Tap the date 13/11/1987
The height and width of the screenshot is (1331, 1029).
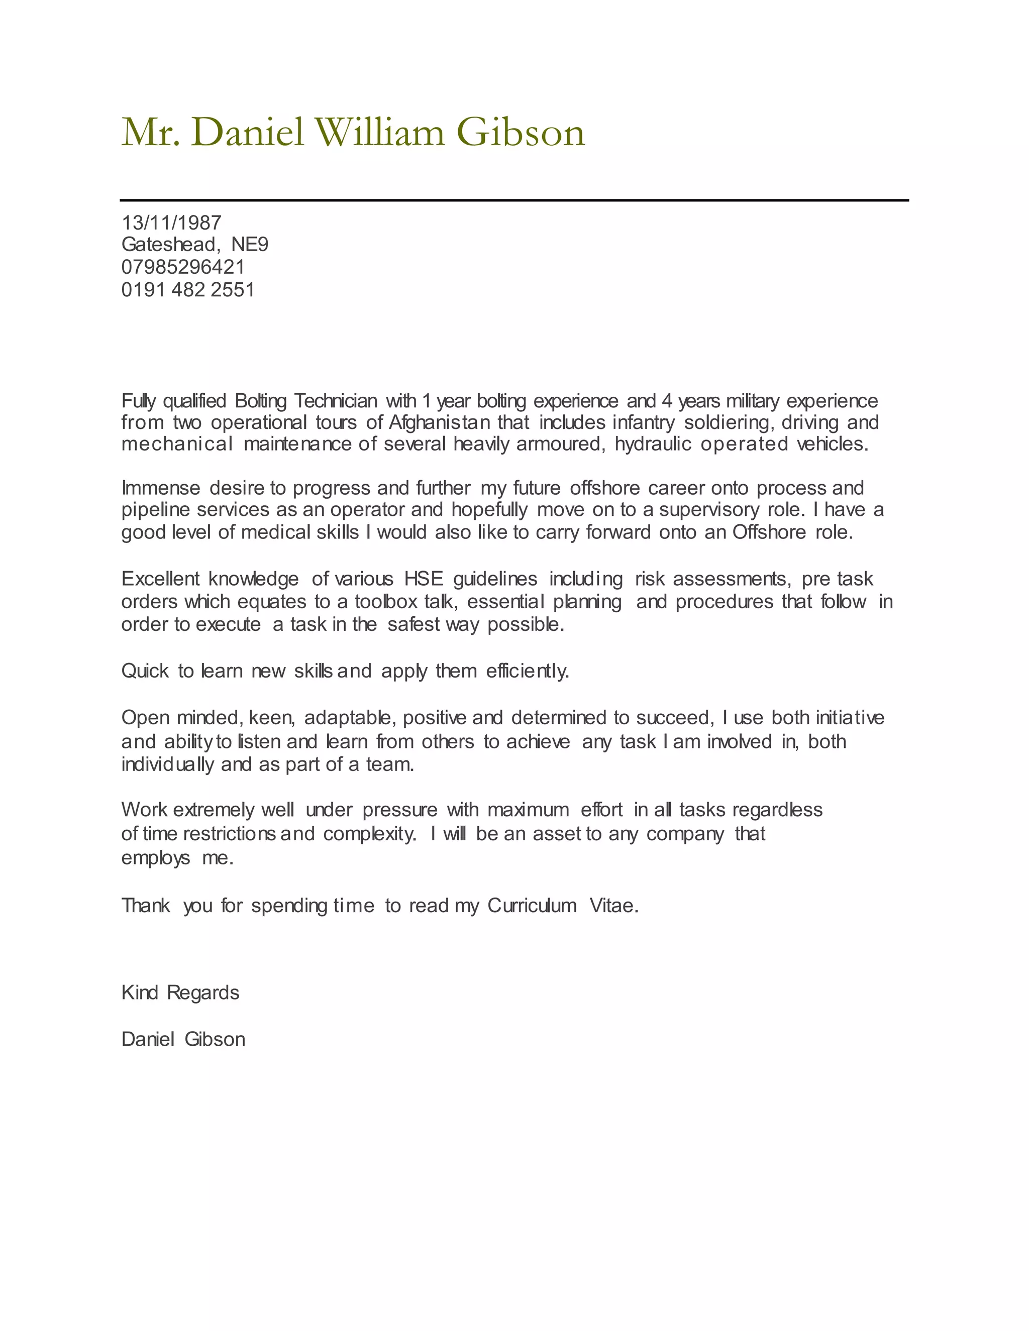click(x=171, y=223)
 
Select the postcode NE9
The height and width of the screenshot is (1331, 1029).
click(x=249, y=245)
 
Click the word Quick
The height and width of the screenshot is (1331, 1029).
click(x=145, y=671)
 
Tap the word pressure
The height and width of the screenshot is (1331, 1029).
click(x=400, y=810)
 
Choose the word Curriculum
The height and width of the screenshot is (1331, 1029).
click(x=532, y=906)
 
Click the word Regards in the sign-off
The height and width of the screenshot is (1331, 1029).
click(x=203, y=993)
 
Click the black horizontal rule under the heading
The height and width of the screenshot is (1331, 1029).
click(x=514, y=200)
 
